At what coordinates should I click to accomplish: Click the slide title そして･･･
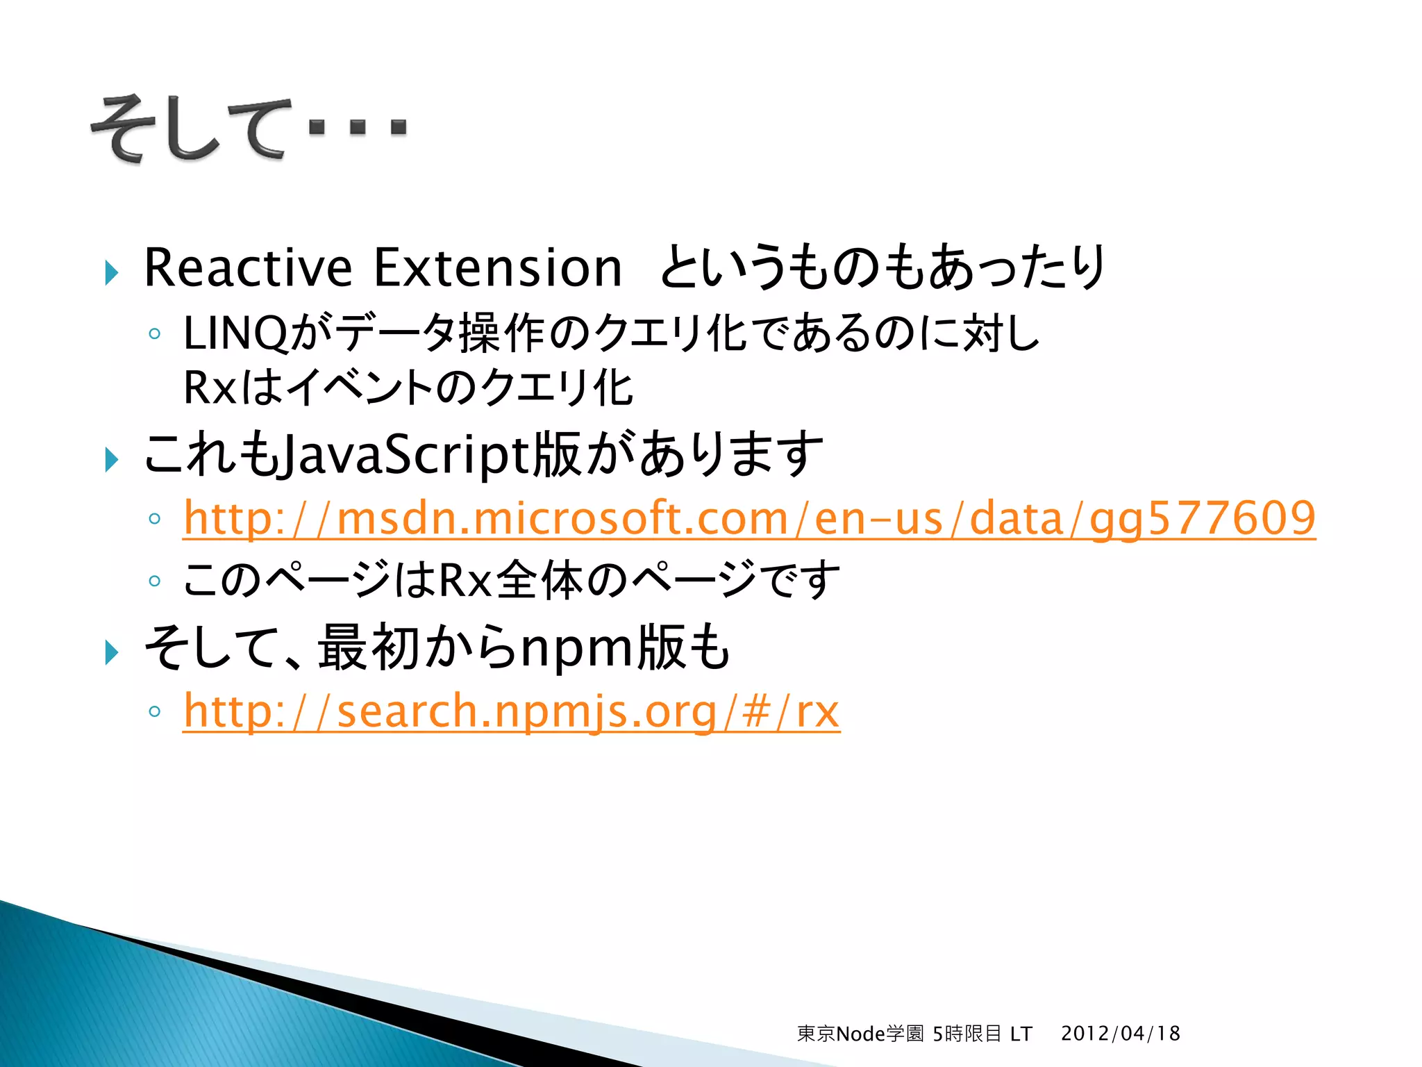pyautogui.click(x=249, y=129)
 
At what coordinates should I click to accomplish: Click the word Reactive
pyautogui.click(x=248, y=268)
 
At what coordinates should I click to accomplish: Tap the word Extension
pyautogui.click(x=498, y=268)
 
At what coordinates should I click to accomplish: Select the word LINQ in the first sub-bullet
pyautogui.click(x=235, y=333)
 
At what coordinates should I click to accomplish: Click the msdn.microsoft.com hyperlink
pyautogui.click(x=749, y=518)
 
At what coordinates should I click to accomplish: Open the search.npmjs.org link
pyautogui.click(x=511, y=711)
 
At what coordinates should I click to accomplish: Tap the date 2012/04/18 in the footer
pyautogui.click(x=1120, y=1034)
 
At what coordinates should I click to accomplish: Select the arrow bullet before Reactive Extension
pyautogui.click(x=112, y=272)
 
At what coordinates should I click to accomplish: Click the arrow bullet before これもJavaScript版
pyautogui.click(x=112, y=459)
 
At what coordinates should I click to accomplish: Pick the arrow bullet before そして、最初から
pyautogui.click(x=112, y=652)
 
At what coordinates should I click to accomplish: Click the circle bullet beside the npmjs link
pyautogui.click(x=155, y=711)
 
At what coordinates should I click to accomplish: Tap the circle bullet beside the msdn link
pyautogui.click(x=155, y=519)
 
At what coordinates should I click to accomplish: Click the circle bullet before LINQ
pyautogui.click(x=155, y=334)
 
